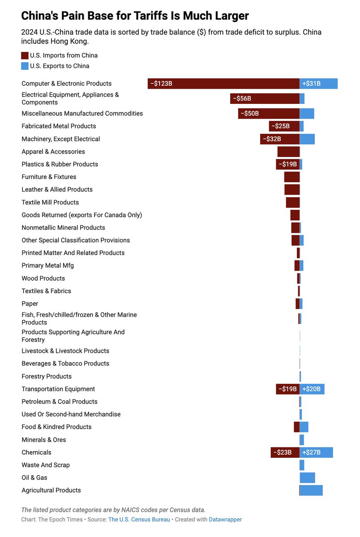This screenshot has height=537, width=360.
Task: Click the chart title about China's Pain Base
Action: click(135, 16)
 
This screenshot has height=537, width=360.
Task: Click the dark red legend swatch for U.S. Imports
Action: click(25, 55)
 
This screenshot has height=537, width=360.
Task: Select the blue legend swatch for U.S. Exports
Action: click(25, 66)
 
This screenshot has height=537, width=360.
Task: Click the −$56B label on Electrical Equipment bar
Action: click(242, 98)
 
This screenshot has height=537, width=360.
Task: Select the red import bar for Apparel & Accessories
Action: click(288, 152)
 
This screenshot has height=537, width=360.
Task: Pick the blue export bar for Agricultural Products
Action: click(311, 490)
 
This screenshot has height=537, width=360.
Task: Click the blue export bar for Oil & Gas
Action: click(307, 477)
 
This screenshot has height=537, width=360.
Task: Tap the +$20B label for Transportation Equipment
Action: click(311, 389)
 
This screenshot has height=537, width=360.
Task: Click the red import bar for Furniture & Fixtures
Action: click(291, 177)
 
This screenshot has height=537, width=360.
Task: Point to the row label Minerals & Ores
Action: click(44, 439)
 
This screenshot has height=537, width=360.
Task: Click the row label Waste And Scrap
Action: click(46, 465)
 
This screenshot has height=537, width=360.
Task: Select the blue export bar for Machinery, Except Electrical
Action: click(307, 139)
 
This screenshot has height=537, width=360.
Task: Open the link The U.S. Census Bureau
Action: click(139, 520)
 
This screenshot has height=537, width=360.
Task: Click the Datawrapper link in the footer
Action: click(225, 520)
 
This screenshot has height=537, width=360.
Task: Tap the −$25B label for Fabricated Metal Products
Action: click(280, 126)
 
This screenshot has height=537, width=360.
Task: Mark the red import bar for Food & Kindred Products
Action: click(296, 427)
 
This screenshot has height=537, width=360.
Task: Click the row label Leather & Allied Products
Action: click(57, 189)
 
